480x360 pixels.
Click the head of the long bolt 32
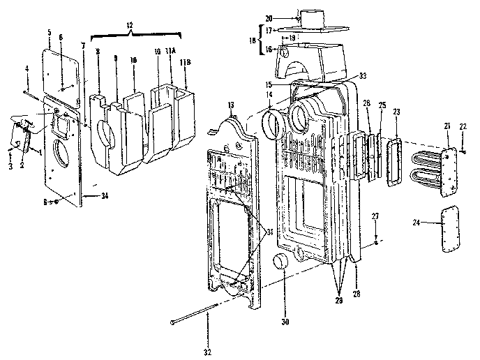[x=172, y=322]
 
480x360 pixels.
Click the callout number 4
[x=27, y=68]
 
